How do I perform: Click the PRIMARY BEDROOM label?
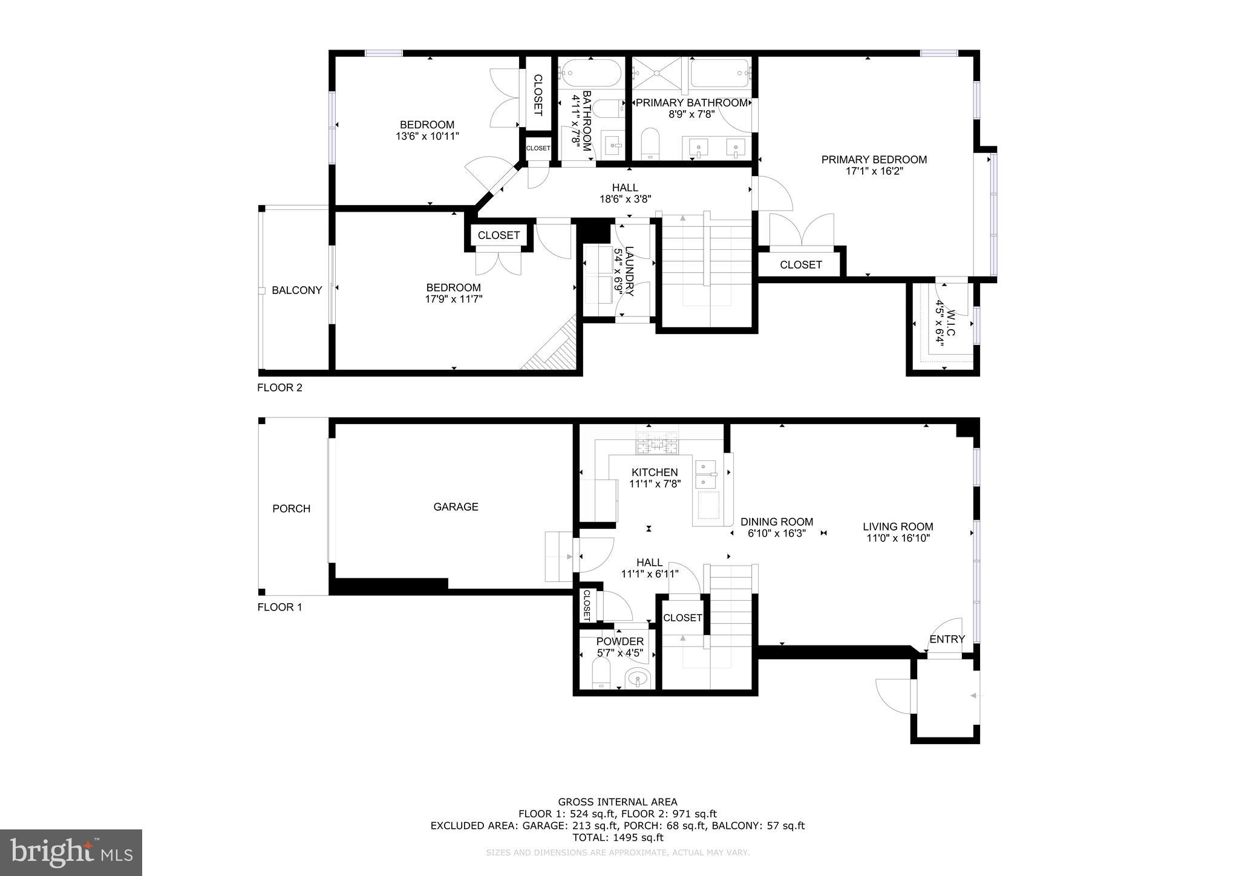[x=874, y=160]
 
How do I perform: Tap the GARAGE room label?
[x=456, y=507]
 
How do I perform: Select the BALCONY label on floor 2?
[x=296, y=290]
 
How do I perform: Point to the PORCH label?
[x=291, y=509]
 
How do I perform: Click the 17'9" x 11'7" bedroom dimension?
[x=453, y=299]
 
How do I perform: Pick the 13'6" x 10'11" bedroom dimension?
[x=427, y=137]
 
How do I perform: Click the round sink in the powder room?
[x=638, y=679]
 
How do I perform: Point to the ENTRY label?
[x=947, y=639]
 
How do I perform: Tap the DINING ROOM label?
[x=776, y=522]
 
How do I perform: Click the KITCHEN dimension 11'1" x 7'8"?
[x=655, y=484]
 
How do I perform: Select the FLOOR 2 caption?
[x=280, y=388]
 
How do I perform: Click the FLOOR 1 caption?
[x=280, y=607]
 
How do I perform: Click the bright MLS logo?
[x=71, y=852]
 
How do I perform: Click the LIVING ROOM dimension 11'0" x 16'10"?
[x=897, y=538]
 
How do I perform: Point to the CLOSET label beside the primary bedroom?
[x=800, y=265]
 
